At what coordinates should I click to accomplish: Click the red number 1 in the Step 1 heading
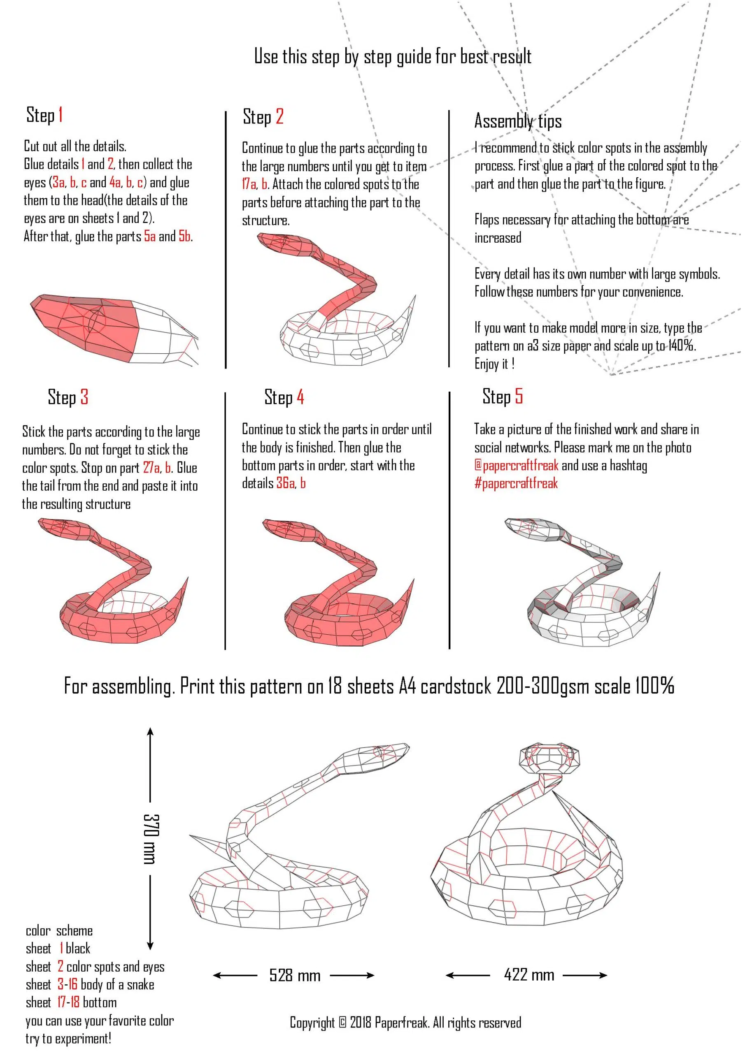pyautogui.click(x=61, y=115)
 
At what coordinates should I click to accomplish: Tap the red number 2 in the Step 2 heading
pyautogui.click(x=279, y=116)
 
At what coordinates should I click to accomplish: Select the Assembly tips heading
pyautogui.click(x=517, y=121)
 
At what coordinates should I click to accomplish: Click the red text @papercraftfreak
pyautogui.click(x=516, y=465)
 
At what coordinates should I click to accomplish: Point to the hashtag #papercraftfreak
pyautogui.click(x=516, y=483)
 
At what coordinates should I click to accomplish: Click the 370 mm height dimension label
pyautogui.click(x=151, y=839)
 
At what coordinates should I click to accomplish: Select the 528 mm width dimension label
pyautogui.click(x=294, y=974)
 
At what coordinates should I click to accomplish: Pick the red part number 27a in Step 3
pyautogui.click(x=151, y=467)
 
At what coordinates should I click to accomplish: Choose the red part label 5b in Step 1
pyautogui.click(x=184, y=236)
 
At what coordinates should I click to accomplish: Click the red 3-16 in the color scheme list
pyautogui.click(x=67, y=984)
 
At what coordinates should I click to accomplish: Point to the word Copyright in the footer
pyautogui.click(x=312, y=1022)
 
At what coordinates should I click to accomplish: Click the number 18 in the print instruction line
pyautogui.click(x=334, y=686)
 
